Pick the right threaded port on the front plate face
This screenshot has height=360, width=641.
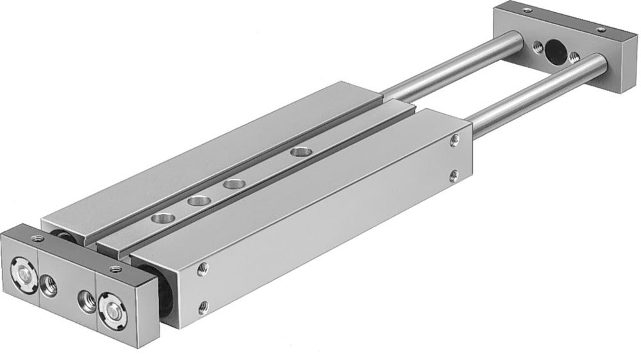tap(85, 299)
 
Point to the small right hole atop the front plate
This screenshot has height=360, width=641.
tap(115, 268)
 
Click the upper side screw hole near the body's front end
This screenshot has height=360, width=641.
tap(204, 266)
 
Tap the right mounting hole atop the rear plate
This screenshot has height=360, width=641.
tap(601, 29)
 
